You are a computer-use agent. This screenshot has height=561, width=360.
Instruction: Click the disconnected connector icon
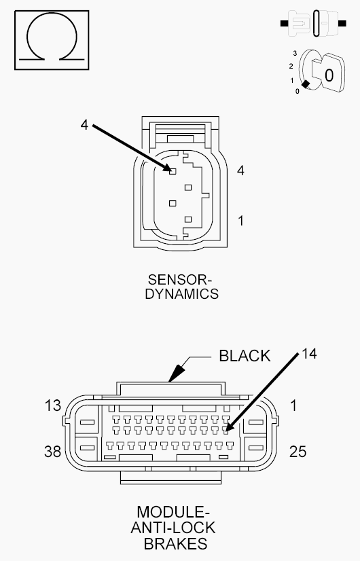pos(313,23)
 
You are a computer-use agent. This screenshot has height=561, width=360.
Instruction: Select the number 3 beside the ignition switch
pos(295,53)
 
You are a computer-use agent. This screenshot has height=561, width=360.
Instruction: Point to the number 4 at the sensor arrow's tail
pos(84,125)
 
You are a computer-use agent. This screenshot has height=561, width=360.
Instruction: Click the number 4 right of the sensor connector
pos(240,170)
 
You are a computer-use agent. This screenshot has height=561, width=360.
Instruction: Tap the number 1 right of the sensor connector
pos(241,221)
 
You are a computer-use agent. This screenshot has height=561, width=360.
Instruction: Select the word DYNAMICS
pos(182,293)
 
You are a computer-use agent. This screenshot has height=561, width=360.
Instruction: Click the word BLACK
pos(245,356)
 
